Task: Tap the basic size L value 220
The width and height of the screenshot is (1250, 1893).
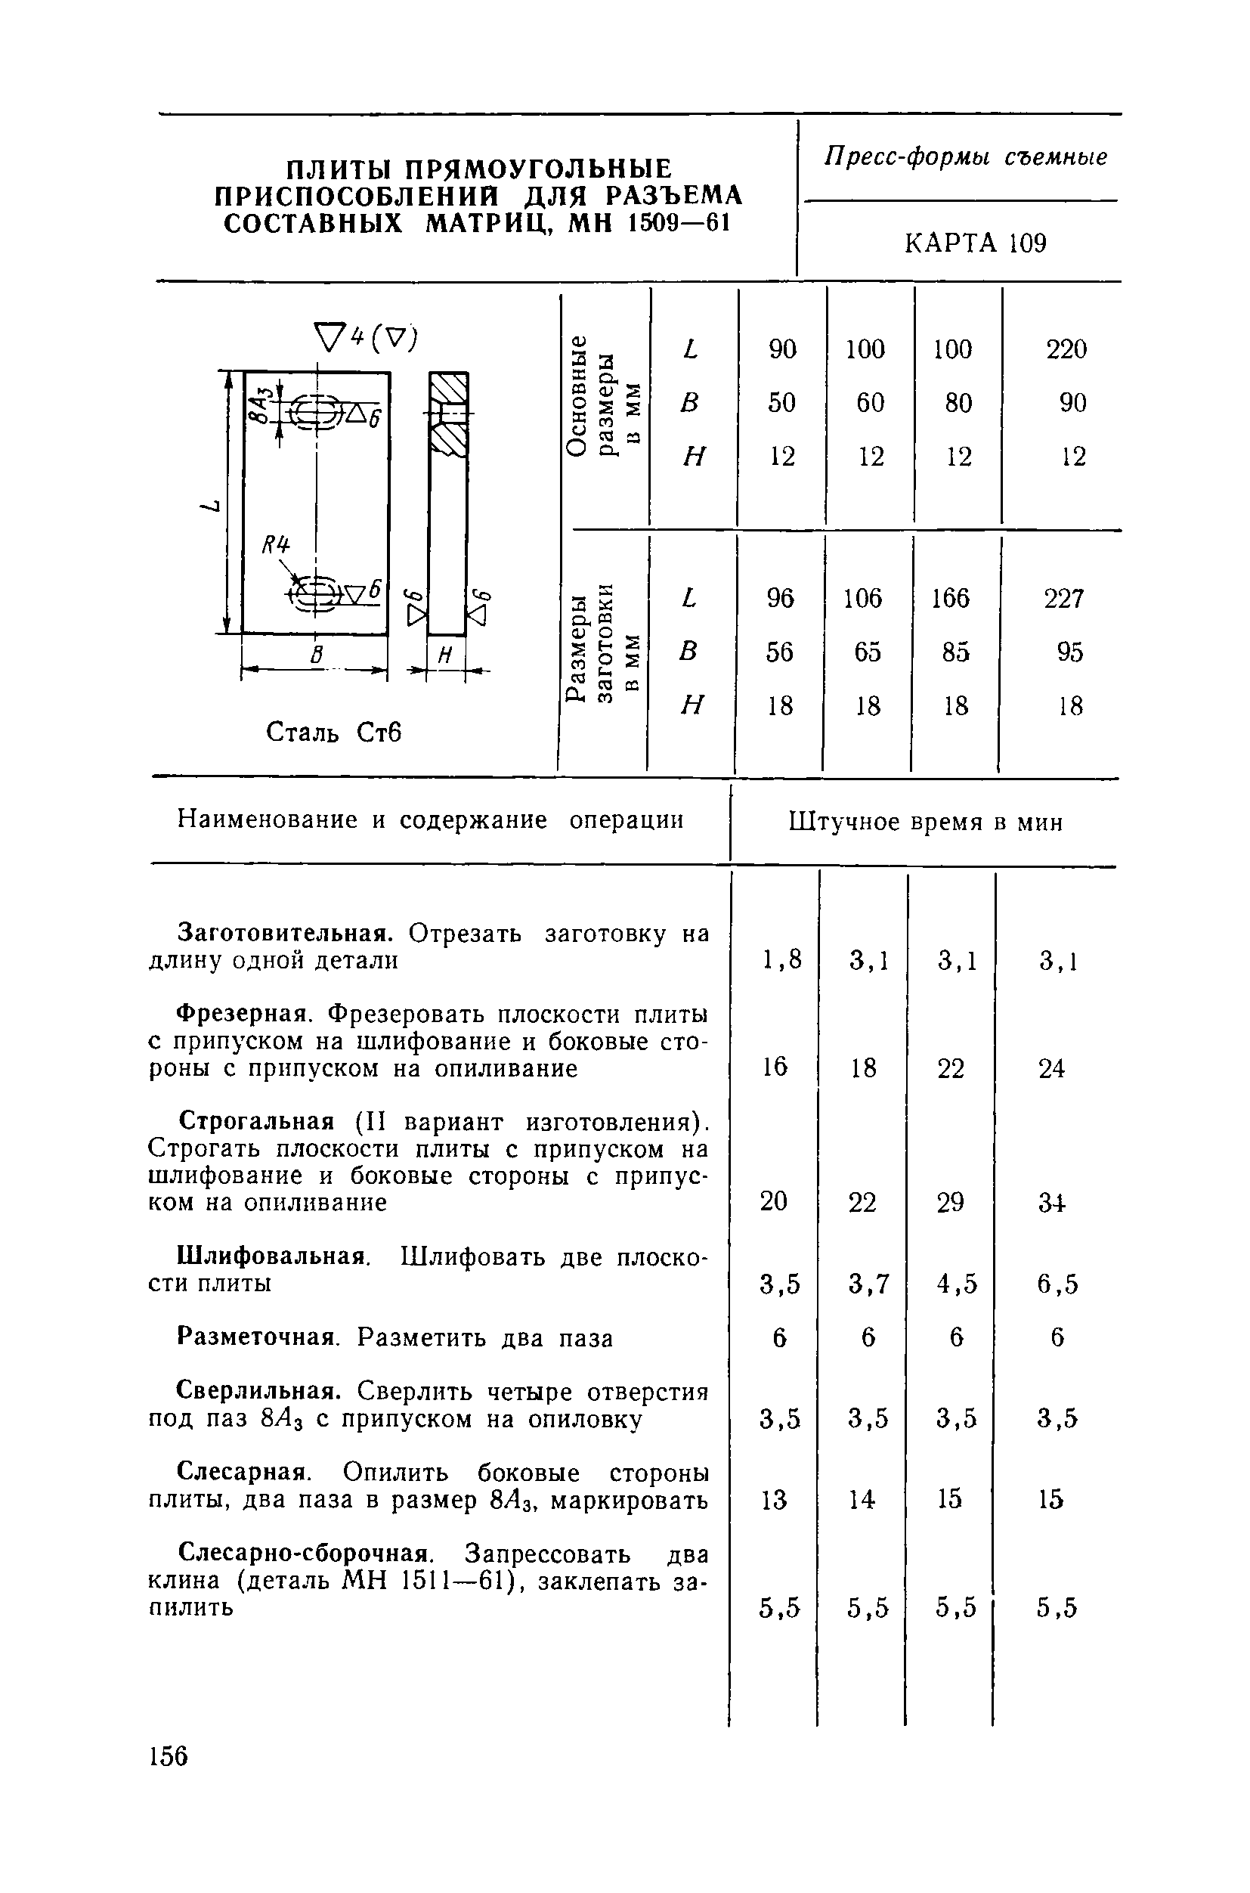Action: pos(1066,349)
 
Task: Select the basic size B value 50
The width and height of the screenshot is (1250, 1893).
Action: pos(781,403)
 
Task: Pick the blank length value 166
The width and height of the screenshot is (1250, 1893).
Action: pos(950,598)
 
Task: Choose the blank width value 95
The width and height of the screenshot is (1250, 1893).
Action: pos(1070,652)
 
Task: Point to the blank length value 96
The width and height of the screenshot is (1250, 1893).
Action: pos(781,598)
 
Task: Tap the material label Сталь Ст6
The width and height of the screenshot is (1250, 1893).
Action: pos(333,731)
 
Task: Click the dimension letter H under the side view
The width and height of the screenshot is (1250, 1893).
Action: pos(446,655)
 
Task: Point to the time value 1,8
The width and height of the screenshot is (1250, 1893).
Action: pos(781,960)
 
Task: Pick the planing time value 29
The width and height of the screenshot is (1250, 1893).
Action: pos(950,1203)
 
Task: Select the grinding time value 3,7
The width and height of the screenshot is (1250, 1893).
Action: pos(868,1284)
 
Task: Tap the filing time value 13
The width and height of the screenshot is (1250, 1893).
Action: pos(773,1500)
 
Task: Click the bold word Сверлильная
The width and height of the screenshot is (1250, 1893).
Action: pos(259,1392)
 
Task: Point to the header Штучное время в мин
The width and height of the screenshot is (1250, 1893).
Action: pos(926,822)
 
